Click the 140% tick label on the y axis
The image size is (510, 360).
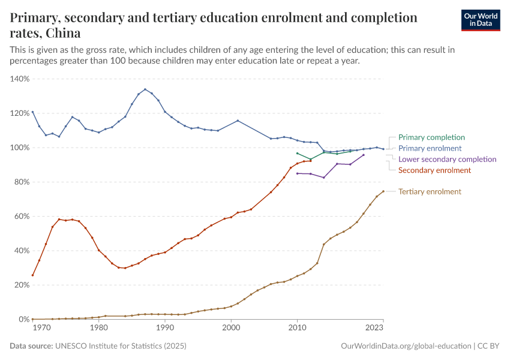tap(20, 79)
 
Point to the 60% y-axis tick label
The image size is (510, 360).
tap(22, 216)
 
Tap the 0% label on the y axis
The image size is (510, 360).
tap(24, 319)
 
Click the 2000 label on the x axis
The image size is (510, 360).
tap(231, 328)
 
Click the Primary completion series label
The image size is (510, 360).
tap(431, 137)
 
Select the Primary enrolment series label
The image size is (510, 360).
tap(430, 148)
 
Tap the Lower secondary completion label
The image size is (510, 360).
tap(447, 160)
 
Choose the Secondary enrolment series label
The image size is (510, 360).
tap(434, 170)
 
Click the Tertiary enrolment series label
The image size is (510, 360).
tap(430, 192)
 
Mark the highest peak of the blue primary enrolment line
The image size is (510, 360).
tap(145, 89)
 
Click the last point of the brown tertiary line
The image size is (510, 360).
tap(383, 191)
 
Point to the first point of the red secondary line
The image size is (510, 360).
tap(32, 275)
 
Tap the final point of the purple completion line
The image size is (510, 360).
tap(364, 155)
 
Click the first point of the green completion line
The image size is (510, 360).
tap(298, 153)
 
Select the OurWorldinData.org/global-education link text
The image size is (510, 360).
tap(406, 346)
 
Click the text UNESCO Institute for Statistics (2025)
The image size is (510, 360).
tap(121, 346)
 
